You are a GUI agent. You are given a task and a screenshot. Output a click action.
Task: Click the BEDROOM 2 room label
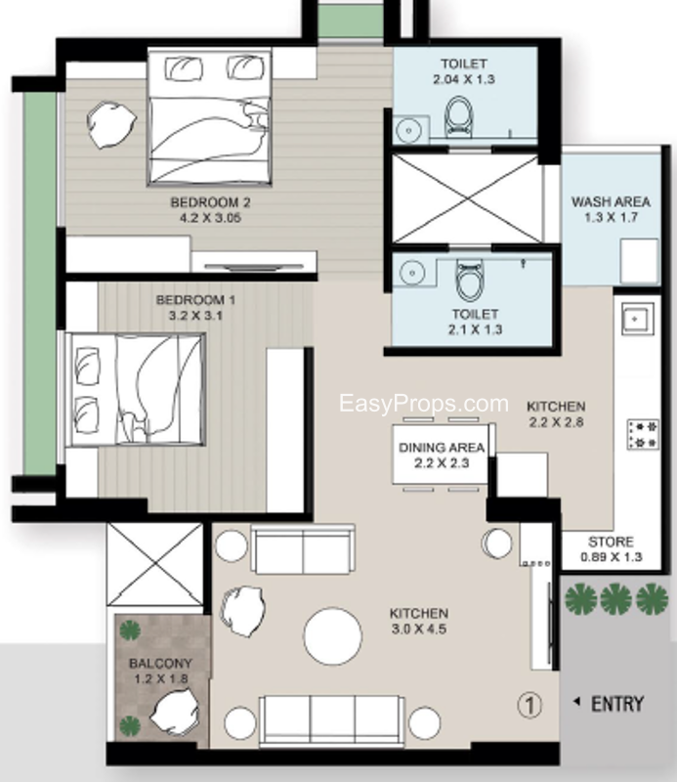coord(210,202)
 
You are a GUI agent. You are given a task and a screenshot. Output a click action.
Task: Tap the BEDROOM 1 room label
coord(195,300)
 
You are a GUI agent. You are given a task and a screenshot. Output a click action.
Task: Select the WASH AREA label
coord(611,202)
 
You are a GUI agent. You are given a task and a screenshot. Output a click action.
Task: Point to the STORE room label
coord(611,542)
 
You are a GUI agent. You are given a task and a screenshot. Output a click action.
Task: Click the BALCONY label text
coord(160,664)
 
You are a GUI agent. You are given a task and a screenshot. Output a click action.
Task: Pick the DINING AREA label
coord(442,448)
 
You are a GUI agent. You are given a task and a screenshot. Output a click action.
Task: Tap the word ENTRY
coord(617,704)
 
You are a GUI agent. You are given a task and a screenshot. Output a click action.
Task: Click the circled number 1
coord(529,705)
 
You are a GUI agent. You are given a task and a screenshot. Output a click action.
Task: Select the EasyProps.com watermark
coord(424,404)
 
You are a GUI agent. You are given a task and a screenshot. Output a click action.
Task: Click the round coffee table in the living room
coord(332,636)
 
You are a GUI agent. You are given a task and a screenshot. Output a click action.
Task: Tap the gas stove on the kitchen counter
coord(643,434)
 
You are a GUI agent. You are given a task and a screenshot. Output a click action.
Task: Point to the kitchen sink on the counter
coord(638,320)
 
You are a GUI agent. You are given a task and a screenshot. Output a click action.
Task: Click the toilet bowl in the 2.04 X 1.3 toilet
coord(458,116)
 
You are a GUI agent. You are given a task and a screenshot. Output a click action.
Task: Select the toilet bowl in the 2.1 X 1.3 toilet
coord(469,281)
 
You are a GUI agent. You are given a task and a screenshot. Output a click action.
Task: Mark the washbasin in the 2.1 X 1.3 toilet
coord(412,273)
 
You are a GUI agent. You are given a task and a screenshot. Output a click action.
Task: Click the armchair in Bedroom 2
coord(110,125)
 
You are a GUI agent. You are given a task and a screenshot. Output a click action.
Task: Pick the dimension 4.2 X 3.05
coord(210,218)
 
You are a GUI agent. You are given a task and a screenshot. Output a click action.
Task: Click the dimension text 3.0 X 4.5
coord(419,629)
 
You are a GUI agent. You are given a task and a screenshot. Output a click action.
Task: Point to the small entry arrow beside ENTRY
coord(576,702)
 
